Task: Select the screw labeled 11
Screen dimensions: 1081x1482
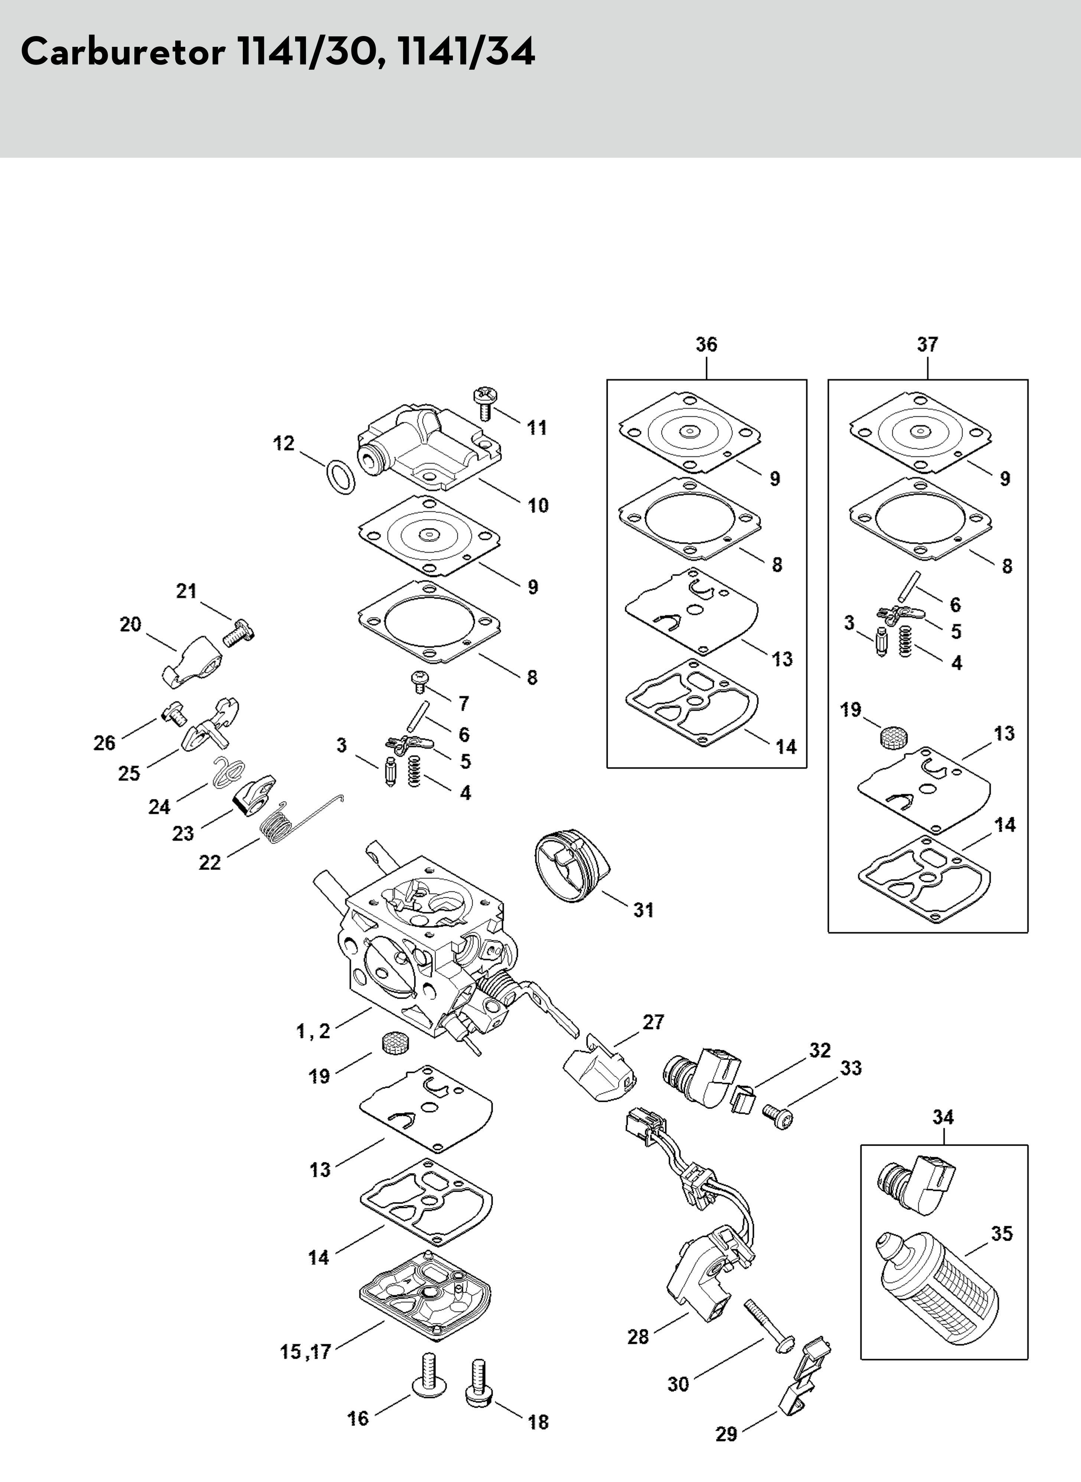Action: click(485, 404)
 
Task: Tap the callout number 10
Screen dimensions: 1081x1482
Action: click(538, 505)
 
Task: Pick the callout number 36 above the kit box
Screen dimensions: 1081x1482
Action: click(706, 344)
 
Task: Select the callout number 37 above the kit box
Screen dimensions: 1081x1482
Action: click(927, 344)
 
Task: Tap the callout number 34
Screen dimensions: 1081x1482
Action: click(943, 1117)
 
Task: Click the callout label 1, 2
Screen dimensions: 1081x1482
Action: click(313, 1032)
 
